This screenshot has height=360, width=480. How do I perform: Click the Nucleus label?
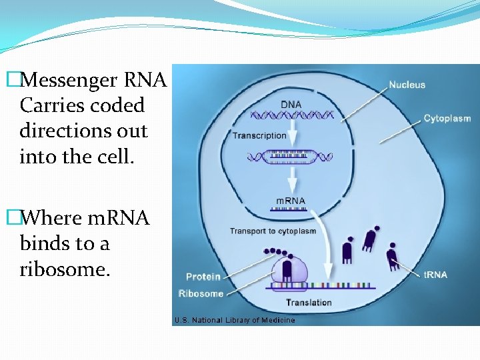(407, 85)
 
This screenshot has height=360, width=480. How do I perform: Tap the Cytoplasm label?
(447, 119)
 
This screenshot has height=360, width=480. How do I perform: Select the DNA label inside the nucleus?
(290, 105)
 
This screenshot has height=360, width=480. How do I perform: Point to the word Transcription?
(259, 135)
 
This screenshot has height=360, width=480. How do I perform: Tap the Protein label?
(203, 277)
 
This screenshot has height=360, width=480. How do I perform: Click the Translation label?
(309, 303)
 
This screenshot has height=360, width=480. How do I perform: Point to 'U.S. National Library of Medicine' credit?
(234, 320)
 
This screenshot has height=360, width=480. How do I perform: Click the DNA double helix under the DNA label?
(290, 115)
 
